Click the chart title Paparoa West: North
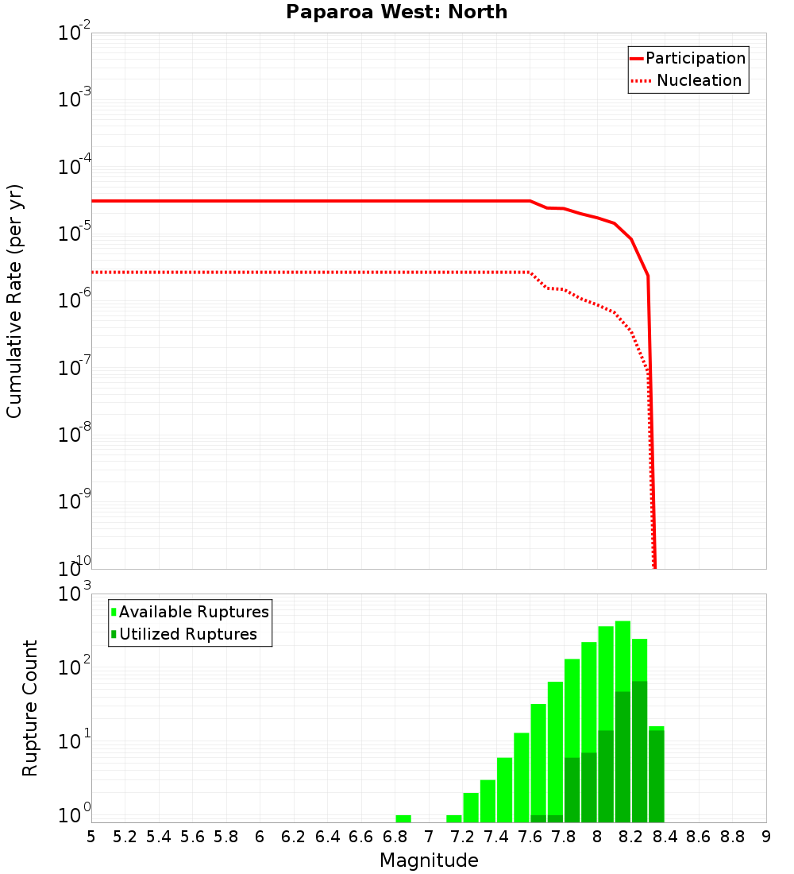click(396, 12)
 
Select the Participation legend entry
click(696, 58)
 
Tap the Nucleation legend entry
click(699, 80)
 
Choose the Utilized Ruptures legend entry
click(187, 634)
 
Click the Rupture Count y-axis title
click(30, 707)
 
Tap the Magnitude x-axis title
click(429, 860)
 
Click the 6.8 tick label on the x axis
click(395, 837)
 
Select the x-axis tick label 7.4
click(496, 837)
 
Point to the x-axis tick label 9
click(766, 837)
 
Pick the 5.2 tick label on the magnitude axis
click(125, 837)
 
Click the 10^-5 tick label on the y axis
click(74, 234)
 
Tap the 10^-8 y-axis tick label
click(74, 435)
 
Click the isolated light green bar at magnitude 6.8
click(403, 818)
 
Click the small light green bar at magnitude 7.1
click(454, 818)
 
